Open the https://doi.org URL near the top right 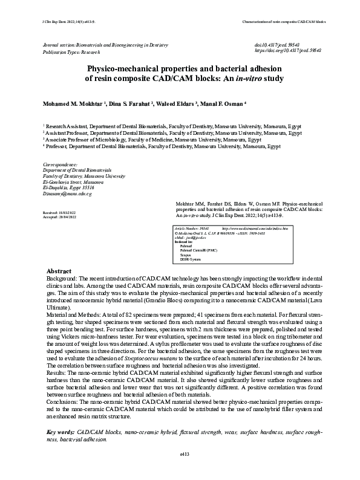coord(288,52)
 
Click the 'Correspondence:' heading coord(61,164)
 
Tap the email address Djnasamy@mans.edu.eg coord(67,193)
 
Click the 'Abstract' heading coord(59,270)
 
